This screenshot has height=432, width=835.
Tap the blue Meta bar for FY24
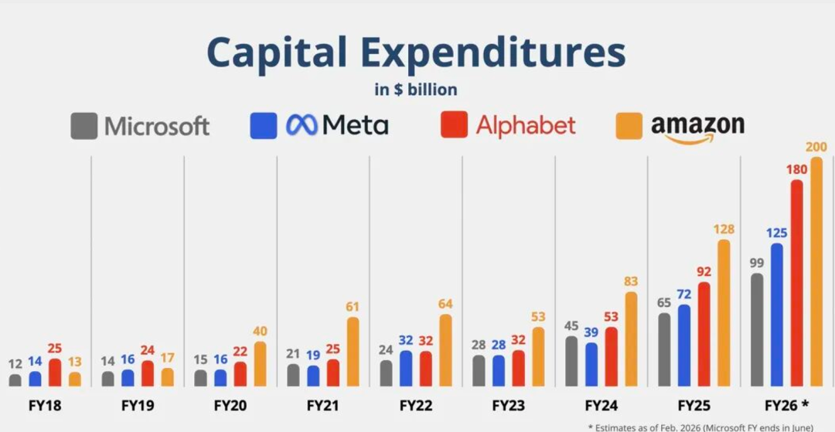[591, 364]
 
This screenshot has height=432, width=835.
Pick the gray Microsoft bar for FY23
[479, 370]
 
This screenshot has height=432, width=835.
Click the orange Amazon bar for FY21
[353, 352]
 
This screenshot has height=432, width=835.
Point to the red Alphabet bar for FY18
[55, 372]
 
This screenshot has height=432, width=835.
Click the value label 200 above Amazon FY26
[816, 147]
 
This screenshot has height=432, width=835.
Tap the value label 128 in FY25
[724, 230]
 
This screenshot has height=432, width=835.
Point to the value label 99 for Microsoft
[757, 263]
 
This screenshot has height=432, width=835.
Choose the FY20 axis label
[230, 405]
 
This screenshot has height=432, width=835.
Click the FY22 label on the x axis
[415, 405]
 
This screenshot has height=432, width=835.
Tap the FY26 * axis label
[786, 405]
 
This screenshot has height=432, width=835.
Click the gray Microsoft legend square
[83, 126]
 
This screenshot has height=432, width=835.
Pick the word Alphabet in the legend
[526, 125]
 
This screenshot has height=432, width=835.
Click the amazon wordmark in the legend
[697, 125]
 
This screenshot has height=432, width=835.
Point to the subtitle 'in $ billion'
[416, 90]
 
